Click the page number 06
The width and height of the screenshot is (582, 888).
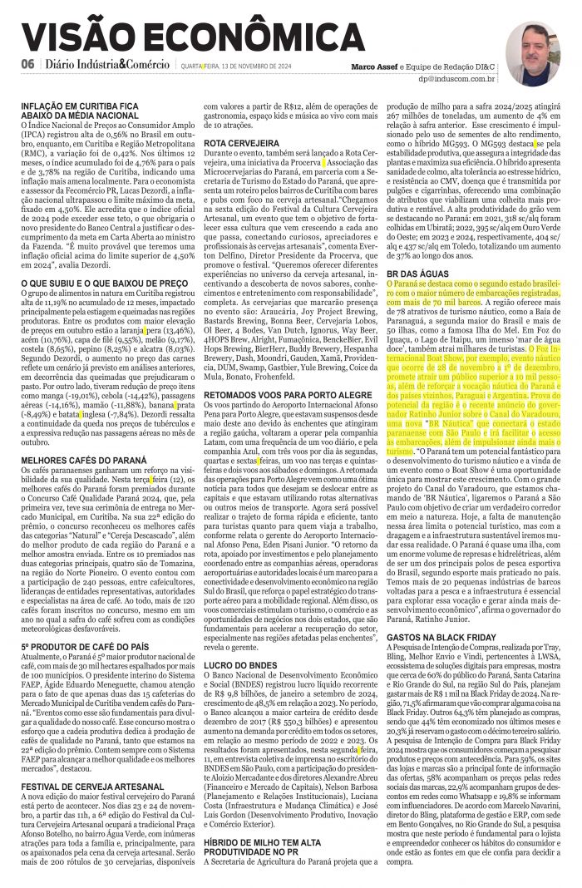click(x=28, y=66)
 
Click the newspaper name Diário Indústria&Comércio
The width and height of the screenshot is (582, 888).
click(x=108, y=66)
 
